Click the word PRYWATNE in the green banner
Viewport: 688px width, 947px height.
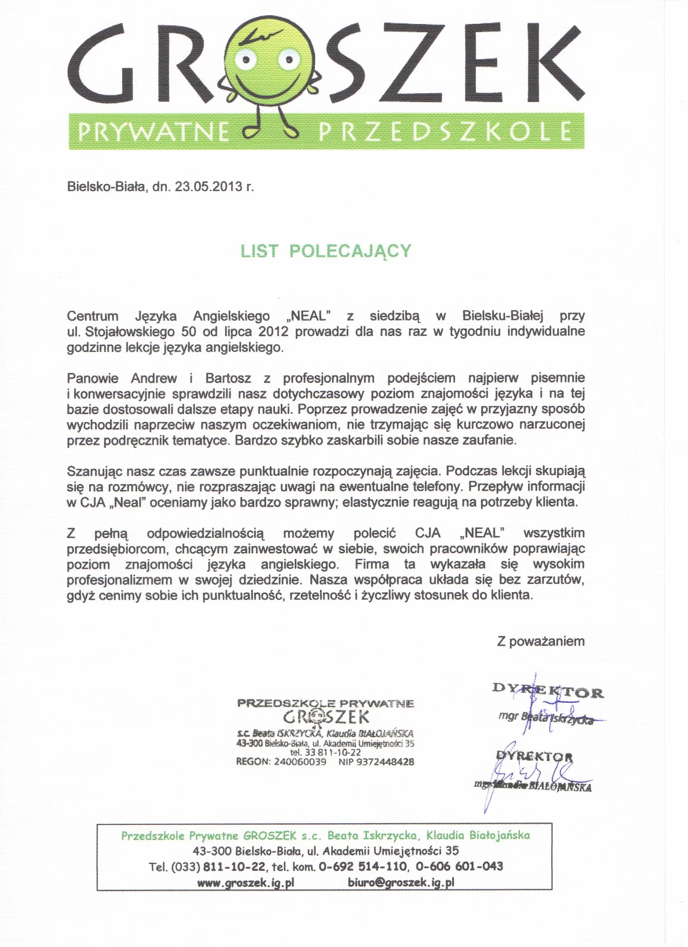pos(153,132)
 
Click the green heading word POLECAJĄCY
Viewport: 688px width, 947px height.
pos(351,251)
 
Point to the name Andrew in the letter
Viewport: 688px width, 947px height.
pos(154,379)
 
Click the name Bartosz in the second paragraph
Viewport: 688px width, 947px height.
pos(228,379)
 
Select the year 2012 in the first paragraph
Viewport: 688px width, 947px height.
pos(273,332)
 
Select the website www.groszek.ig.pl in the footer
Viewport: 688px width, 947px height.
pos(246,882)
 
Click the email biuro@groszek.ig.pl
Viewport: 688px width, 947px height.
pos(401,882)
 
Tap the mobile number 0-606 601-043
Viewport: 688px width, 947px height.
pos(459,866)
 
